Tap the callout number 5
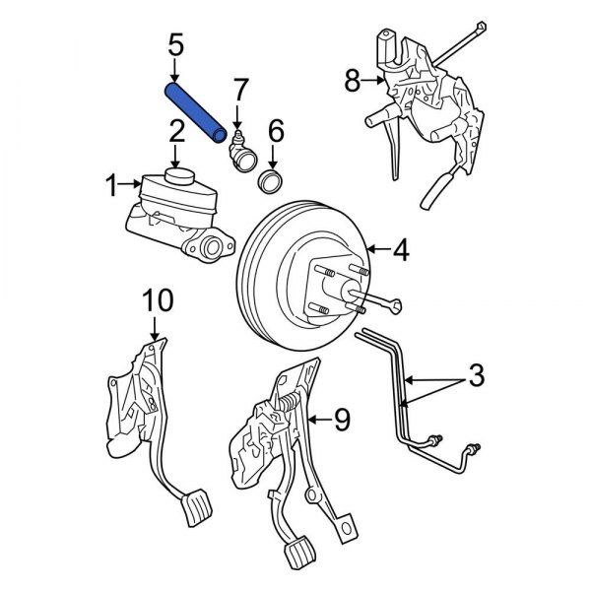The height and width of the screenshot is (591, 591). pyautogui.click(x=175, y=44)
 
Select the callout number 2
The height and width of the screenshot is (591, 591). pyautogui.click(x=175, y=130)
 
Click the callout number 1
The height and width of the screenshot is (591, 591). pyautogui.click(x=112, y=183)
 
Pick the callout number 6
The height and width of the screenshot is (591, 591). pyautogui.click(x=276, y=130)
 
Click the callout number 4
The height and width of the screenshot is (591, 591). pyautogui.click(x=399, y=252)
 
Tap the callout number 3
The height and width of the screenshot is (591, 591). pyautogui.click(x=475, y=375)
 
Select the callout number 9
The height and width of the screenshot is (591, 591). pyautogui.click(x=341, y=422)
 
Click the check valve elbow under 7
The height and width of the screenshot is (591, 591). pyautogui.click(x=240, y=153)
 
